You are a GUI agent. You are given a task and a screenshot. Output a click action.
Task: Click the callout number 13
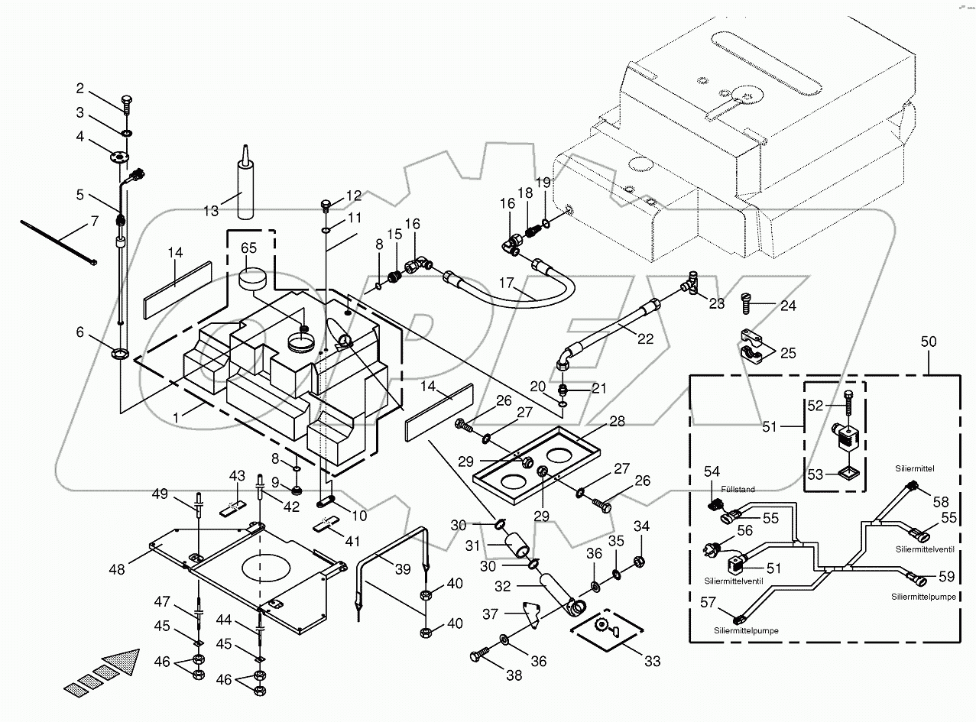[210, 210]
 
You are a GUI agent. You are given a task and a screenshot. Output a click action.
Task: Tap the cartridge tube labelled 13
[246, 191]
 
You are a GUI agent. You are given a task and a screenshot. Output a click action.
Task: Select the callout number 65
[249, 249]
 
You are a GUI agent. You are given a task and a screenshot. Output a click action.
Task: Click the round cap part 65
[253, 280]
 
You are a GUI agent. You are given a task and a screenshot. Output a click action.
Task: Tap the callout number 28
[617, 421]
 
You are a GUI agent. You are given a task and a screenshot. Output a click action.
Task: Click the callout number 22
[646, 338]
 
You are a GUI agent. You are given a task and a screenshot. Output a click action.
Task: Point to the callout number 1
[177, 416]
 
